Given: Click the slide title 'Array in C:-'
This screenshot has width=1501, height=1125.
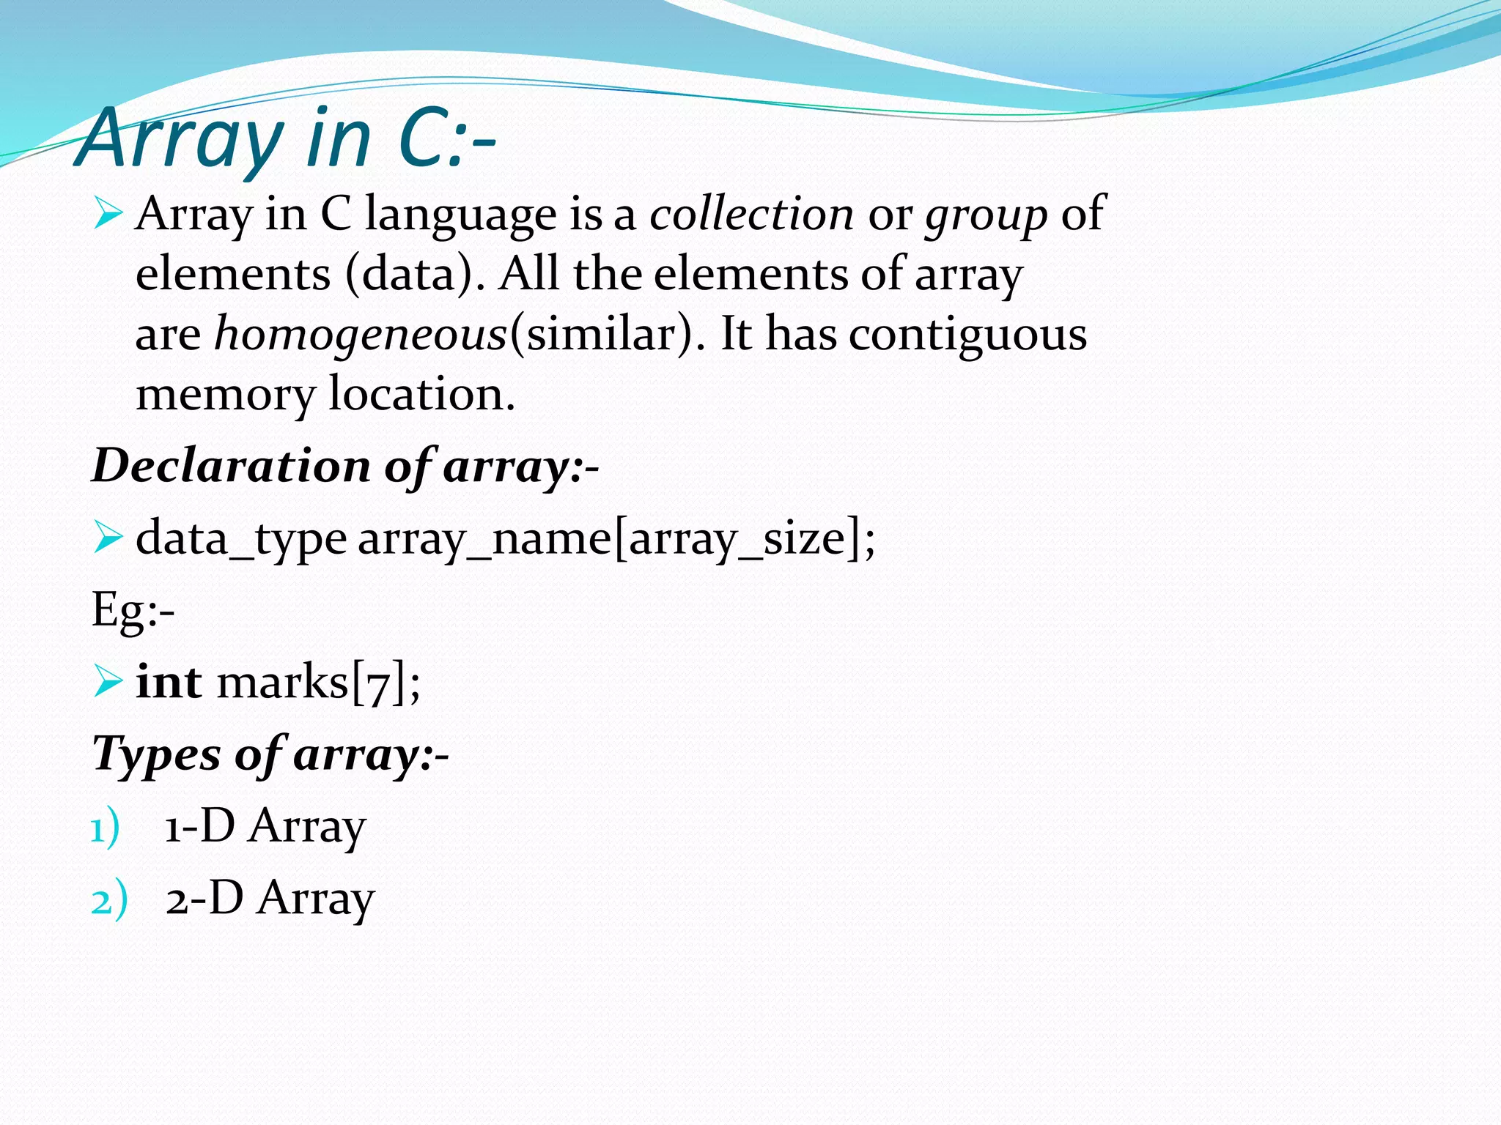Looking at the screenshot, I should [x=286, y=138].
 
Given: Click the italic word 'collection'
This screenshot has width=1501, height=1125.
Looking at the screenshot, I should [x=751, y=215].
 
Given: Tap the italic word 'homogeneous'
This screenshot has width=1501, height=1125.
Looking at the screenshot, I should [x=361, y=335].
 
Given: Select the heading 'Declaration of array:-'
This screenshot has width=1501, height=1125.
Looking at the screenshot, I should [x=345, y=466].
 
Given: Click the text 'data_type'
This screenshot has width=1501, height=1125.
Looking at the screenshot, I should [x=241, y=540].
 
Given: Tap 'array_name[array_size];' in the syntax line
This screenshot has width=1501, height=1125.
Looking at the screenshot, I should [x=616, y=540].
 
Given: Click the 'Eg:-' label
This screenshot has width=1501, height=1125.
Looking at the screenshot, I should [x=133, y=610].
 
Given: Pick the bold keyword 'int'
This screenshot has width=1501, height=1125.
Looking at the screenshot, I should [x=169, y=682].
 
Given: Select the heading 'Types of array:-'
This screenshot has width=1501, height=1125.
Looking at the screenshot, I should [x=270, y=754].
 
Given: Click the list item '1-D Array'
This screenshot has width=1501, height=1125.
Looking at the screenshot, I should [x=265, y=827].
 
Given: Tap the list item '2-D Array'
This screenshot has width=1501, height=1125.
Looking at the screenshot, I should [x=270, y=899].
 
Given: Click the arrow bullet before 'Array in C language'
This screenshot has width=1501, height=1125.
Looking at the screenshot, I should [x=108, y=215].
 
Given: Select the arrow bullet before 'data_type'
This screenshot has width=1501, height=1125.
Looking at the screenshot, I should [x=108, y=539].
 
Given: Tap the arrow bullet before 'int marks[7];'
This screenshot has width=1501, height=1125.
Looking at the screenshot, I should [x=108, y=683].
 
